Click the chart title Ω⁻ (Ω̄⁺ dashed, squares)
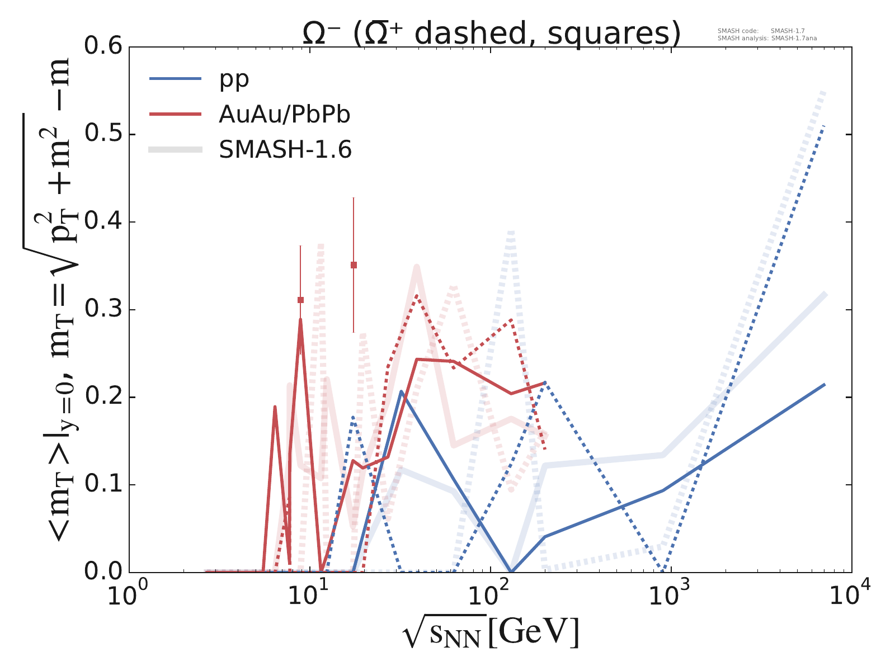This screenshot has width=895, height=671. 491,34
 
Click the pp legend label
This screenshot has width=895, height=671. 234,79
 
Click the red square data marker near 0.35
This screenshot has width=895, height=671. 354,265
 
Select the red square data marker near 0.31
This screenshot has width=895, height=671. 300,300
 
